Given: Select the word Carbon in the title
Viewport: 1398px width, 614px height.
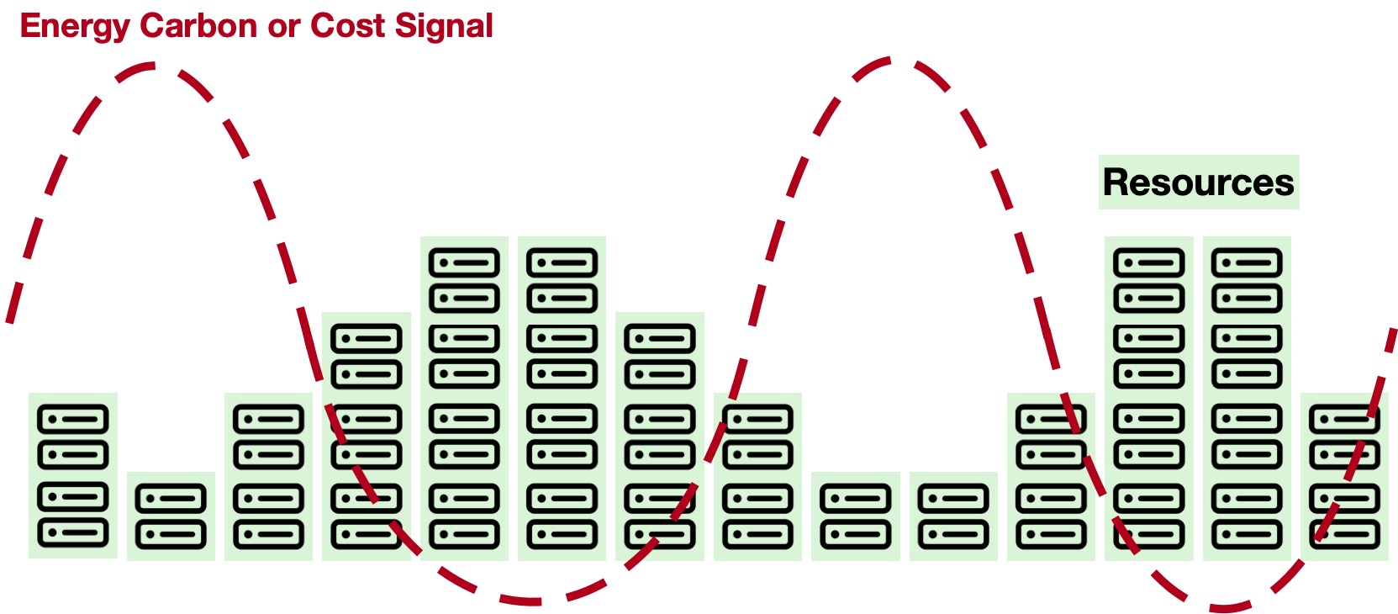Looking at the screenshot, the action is (x=198, y=25).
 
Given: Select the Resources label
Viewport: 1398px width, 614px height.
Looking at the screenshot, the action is (x=1198, y=183).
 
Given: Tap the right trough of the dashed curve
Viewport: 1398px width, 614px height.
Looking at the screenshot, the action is (x=1223, y=607).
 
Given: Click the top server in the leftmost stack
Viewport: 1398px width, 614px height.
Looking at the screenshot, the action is (x=73, y=419).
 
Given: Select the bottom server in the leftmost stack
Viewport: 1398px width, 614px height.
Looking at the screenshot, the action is (x=73, y=532).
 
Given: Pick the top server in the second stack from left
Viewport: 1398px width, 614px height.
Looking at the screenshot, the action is (x=171, y=499).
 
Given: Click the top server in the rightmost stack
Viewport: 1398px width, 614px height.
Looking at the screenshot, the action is (x=1344, y=419).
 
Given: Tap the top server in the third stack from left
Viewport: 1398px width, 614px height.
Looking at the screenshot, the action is (x=268, y=419).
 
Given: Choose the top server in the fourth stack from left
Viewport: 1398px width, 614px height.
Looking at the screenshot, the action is (x=367, y=339).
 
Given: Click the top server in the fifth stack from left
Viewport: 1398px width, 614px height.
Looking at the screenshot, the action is (x=464, y=262).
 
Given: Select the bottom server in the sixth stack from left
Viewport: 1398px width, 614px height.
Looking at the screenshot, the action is (x=562, y=534).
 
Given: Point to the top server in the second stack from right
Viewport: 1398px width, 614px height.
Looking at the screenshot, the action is (x=1247, y=262).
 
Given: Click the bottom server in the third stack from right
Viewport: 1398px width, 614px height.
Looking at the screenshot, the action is (x=1149, y=534).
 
